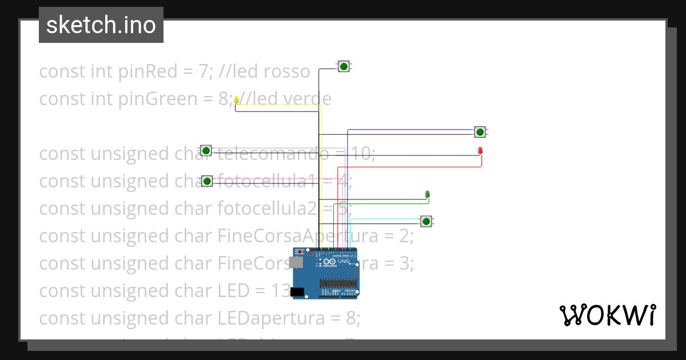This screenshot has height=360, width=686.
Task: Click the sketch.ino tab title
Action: (101, 25)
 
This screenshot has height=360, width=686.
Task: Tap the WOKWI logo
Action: (607, 315)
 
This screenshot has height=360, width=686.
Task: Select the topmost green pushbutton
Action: (344, 67)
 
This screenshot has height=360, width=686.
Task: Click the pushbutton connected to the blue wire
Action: (480, 132)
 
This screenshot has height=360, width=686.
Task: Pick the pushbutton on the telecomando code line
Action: (206, 150)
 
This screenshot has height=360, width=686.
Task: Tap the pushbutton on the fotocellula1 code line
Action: (207, 181)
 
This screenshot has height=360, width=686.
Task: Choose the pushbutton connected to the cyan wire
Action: (426, 221)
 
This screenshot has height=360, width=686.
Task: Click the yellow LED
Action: (236, 100)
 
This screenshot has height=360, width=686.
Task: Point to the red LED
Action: (480, 150)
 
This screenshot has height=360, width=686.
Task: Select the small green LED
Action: (428, 194)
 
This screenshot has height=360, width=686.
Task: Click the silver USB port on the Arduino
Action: (296, 262)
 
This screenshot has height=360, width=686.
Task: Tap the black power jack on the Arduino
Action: (297, 292)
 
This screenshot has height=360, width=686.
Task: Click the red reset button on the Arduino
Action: (300, 251)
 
